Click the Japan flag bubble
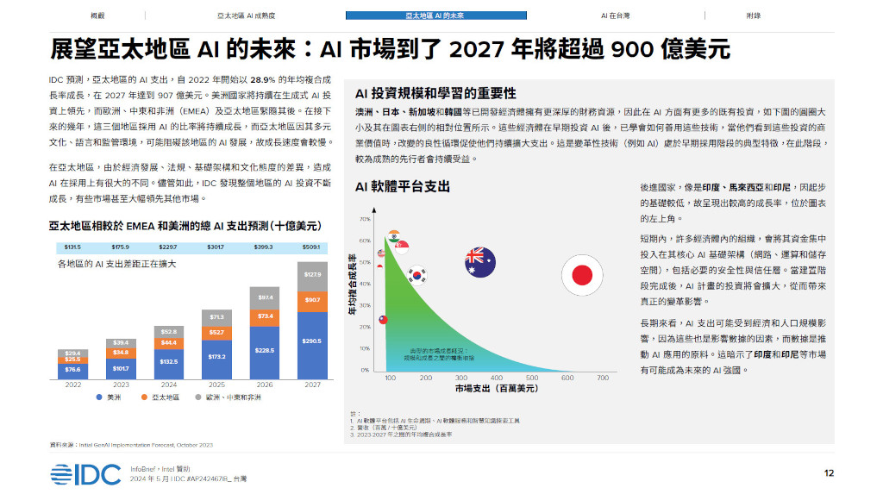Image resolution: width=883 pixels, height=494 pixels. pos(582,275)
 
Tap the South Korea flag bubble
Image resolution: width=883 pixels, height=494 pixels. pos(417,275)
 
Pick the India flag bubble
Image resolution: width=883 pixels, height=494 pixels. pos(394,238)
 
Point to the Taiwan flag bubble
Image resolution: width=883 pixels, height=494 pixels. pos(383,319)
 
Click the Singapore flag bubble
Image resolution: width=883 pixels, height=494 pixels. pos(401,247)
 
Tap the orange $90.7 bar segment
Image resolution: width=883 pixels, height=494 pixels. pos(312,299)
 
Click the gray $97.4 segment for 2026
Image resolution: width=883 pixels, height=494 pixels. pos(266,297)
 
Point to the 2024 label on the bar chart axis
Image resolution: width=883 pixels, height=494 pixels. pos(169,385)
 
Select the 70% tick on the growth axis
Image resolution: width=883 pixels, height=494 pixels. pos(365,219)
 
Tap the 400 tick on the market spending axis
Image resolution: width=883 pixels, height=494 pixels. pos(496,378)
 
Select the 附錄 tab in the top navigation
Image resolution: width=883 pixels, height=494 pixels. pos(753,16)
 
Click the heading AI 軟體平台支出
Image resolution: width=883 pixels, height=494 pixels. pos(402,186)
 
